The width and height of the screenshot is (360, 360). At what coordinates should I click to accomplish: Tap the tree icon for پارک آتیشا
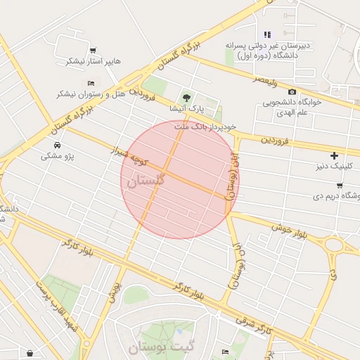point(186,98)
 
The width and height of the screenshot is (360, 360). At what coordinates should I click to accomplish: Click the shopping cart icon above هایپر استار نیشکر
point(93,50)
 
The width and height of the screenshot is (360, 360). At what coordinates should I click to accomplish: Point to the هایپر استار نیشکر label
point(94,61)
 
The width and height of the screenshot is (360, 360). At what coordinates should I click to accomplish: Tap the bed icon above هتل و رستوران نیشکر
point(90,83)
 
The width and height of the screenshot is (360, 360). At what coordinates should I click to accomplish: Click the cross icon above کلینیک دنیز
point(334,155)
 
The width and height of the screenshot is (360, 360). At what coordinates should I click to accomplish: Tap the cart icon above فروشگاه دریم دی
point(339,186)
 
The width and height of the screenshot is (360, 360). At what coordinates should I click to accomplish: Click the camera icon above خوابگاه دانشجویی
point(292,91)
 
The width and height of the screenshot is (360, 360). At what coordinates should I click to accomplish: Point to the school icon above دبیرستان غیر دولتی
point(266,34)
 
